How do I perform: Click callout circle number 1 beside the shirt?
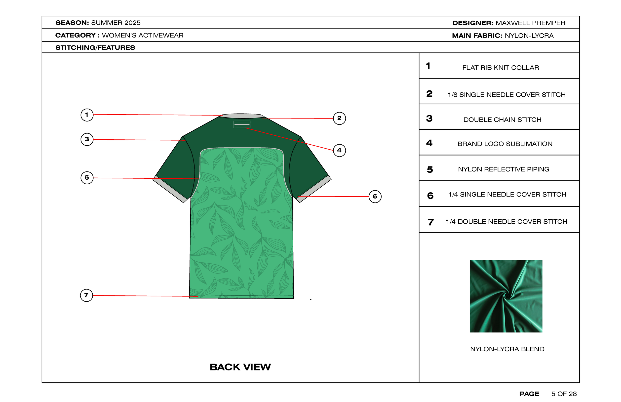(87, 115)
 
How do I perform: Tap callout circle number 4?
(339, 150)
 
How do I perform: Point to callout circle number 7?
(86, 295)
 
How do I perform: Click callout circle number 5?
(87, 178)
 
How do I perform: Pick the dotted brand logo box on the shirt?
(242, 124)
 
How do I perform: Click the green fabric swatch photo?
(506, 296)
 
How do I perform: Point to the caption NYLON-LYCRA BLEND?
(507, 349)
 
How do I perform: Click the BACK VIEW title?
(240, 367)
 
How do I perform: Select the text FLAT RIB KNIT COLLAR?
(501, 68)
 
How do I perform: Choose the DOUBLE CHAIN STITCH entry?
(502, 120)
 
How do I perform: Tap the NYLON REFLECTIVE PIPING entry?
(503, 169)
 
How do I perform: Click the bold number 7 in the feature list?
(430, 222)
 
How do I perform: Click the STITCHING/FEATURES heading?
(95, 47)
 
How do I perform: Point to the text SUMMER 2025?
(116, 23)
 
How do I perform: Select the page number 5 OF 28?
(564, 394)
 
